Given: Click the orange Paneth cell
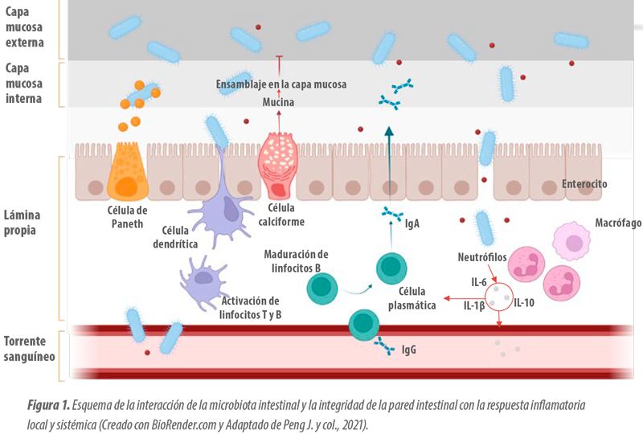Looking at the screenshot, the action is pos(128,171).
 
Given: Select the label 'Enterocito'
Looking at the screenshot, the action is pos(584,184).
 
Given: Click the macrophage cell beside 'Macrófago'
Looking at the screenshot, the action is pos(571,241).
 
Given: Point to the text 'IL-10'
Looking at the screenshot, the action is pos(524,303).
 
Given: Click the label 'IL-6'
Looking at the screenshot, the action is pos(478,282).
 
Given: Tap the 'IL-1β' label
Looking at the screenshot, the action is pos(474,305).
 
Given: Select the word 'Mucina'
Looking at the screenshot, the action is pos(278,102).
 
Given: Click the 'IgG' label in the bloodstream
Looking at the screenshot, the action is pos(409,350).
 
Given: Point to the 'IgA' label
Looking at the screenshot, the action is pos(412,223).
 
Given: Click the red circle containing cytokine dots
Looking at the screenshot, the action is pos(499,297).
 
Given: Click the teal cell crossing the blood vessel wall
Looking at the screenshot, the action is pos(364,325).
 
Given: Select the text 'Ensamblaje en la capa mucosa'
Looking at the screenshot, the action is pos(281,84).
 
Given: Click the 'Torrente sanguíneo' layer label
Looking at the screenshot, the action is pos(29,349).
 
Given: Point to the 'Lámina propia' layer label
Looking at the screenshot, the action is pos(23,223).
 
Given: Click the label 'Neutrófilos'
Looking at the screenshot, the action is pos(482,257).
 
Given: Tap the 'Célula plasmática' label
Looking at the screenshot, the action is pos(412,298).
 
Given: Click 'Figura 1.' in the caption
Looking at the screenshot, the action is pos(48,405).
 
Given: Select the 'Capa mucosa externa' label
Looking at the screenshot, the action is pos(24,27).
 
